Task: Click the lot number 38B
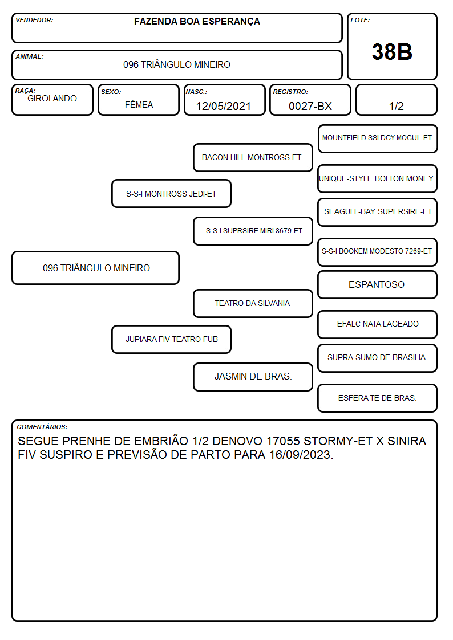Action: [x=392, y=52]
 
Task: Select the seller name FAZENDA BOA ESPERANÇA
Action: [x=197, y=22]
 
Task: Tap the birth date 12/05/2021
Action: [x=223, y=106]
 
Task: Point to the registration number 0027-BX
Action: [x=310, y=106]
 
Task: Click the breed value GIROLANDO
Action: [x=52, y=99]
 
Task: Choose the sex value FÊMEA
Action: [x=139, y=104]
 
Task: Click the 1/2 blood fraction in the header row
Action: [x=396, y=106]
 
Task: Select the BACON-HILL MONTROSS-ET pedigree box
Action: [x=253, y=157]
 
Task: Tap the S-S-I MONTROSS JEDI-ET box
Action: [x=171, y=194]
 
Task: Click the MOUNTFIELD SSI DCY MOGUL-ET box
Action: [x=378, y=139]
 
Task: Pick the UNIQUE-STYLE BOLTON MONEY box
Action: [x=378, y=179]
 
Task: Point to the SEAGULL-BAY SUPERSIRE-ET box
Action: [x=378, y=212]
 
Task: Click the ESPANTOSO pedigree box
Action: [x=378, y=285]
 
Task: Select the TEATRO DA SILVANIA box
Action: [x=253, y=304]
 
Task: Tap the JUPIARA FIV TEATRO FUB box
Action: [x=171, y=340]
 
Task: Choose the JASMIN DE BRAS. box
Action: [x=253, y=377]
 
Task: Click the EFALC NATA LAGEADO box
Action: [x=378, y=324]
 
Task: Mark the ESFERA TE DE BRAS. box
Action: [x=378, y=398]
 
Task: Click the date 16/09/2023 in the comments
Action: [x=301, y=455]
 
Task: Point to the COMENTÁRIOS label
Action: [x=42, y=427]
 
